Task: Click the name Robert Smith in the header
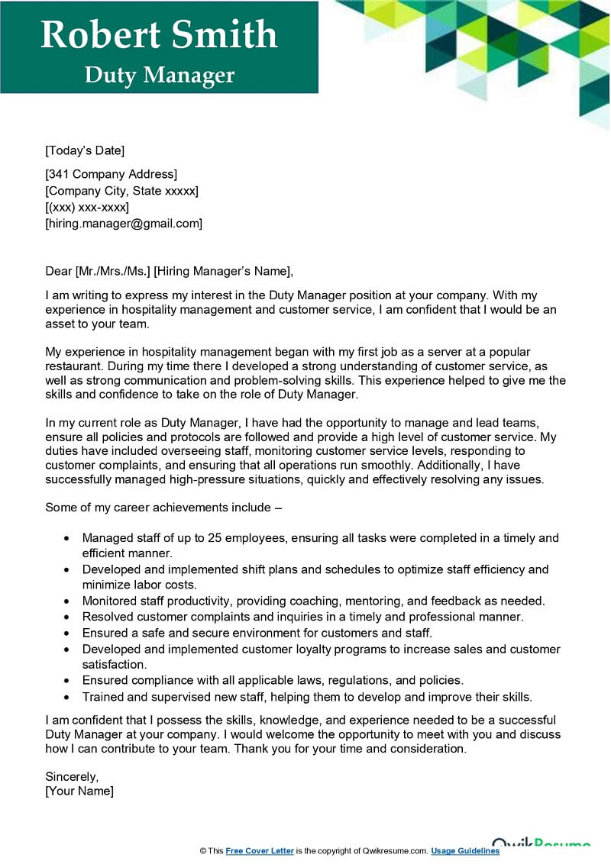(159, 35)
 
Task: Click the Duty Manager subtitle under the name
(159, 75)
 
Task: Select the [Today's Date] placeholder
(85, 150)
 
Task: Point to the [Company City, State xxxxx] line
(122, 191)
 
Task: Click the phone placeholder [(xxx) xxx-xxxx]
(87, 208)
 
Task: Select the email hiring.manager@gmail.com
(124, 224)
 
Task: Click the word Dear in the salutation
(58, 270)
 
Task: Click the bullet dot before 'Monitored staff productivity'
(67, 601)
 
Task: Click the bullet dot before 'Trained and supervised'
(67, 697)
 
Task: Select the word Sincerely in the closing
(72, 776)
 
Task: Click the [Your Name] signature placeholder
(79, 791)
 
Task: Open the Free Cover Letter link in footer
(260, 851)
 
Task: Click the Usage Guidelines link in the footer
(465, 851)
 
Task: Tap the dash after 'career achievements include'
(278, 508)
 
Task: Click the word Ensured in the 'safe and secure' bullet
(105, 632)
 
